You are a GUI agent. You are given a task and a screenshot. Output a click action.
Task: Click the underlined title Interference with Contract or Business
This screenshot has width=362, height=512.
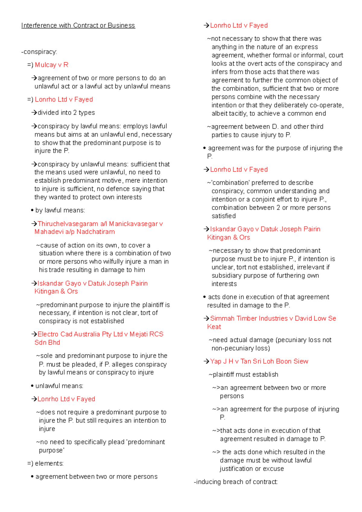(78, 26)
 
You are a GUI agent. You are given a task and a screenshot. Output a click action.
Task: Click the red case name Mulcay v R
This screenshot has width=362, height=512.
(52, 65)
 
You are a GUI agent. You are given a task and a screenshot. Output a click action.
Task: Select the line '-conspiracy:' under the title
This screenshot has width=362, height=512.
(39, 52)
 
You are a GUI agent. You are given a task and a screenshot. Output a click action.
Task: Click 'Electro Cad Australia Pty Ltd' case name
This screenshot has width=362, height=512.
(80, 334)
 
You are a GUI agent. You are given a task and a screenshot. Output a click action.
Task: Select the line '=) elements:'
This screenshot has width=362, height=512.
(45, 463)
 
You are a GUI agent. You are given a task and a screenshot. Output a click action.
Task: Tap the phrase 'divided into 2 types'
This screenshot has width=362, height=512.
(66, 113)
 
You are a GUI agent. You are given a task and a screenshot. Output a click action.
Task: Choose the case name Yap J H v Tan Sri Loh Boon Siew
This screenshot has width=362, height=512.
(259, 361)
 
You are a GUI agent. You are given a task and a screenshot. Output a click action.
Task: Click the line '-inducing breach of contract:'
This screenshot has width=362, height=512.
(236, 482)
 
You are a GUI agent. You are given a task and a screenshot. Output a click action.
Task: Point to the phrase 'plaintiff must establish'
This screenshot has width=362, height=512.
(245, 375)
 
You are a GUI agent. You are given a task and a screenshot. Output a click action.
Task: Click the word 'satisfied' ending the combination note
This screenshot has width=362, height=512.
(224, 216)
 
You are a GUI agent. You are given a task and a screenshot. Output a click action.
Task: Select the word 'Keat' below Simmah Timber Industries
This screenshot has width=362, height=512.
(214, 327)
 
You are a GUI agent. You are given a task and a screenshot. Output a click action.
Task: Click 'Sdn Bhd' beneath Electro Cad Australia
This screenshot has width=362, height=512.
(47, 343)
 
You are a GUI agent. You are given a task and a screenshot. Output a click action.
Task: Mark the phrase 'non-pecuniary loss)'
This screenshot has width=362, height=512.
(241, 348)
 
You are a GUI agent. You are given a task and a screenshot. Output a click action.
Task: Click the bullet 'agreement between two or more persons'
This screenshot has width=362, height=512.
(96, 477)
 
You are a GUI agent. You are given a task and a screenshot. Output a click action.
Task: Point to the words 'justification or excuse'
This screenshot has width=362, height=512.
(252, 469)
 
